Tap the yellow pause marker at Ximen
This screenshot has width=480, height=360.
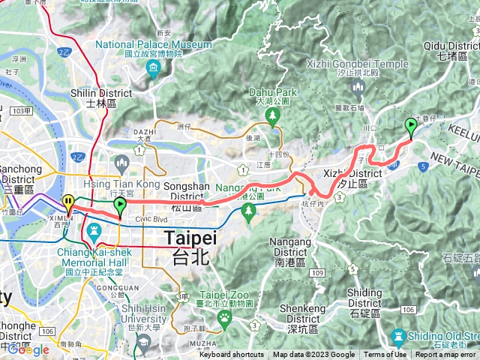68,202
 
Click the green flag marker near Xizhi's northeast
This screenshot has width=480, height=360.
411,126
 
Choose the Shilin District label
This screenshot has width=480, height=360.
100,93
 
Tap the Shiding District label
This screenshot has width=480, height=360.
364,293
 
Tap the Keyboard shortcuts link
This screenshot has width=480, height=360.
232,355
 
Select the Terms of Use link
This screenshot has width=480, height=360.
385,355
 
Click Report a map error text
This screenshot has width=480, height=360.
445,355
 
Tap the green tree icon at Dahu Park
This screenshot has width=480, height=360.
273,114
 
